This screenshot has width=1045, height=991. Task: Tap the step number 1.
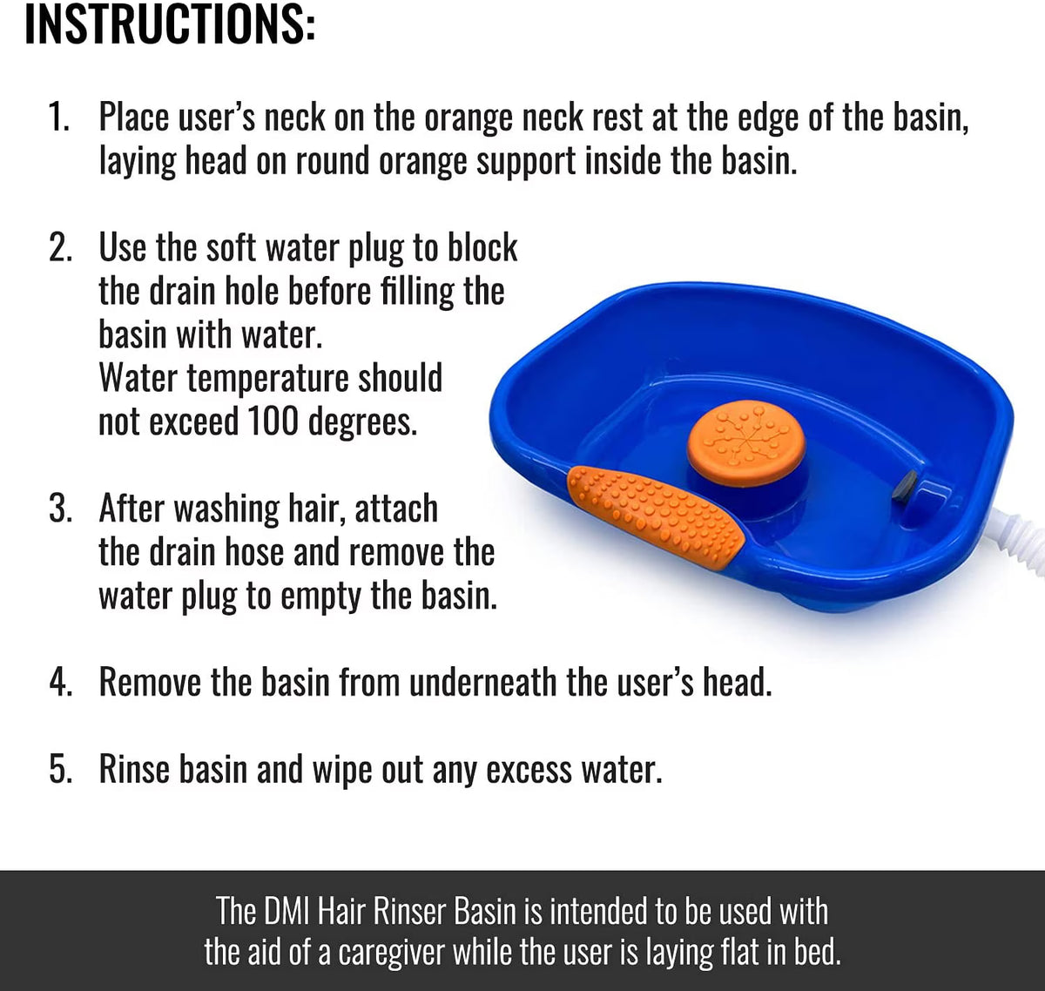pos(58,117)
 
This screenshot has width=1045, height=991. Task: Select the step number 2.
pos(60,247)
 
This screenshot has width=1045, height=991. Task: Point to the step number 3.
pos(60,508)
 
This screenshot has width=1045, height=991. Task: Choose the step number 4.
pos(60,682)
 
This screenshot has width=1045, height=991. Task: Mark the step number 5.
pos(60,769)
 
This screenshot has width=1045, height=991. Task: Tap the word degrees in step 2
pos(362,423)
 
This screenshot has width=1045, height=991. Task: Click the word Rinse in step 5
pos(134,769)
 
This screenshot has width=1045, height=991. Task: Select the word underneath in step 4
pos(482,682)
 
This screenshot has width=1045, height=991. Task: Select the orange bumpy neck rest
pos(656,516)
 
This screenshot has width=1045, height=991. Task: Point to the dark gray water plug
pos(904,487)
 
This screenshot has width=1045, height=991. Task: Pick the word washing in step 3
pos(226,509)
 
